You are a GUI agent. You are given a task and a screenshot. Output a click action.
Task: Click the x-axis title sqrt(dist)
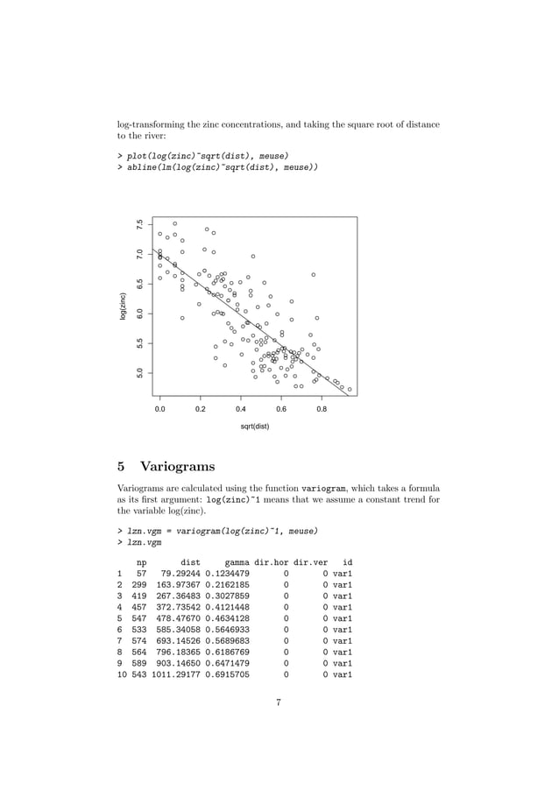(x=255, y=427)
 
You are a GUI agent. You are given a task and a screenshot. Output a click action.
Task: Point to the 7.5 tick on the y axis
(x=138, y=225)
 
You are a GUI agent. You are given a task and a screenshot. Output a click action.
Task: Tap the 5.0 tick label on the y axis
(x=138, y=373)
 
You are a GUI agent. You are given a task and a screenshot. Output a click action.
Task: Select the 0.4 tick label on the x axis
(x=240, y=408)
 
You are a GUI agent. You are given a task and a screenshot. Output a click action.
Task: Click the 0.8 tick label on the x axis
(x=322, y=408)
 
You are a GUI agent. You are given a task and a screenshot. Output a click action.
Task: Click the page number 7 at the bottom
(x=279, y=699)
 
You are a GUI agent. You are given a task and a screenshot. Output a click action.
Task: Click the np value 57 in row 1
(x=142, y=574)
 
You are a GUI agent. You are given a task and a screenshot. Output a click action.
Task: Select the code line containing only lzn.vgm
(x=144, y=542)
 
